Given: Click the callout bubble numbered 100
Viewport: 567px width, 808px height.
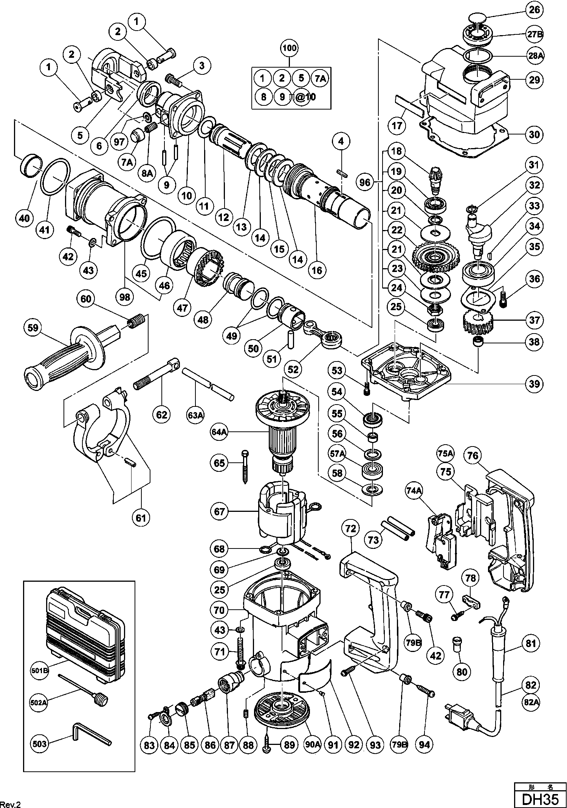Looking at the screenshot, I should coord(289,48).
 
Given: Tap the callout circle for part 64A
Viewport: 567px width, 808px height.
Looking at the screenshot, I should coord(220,432).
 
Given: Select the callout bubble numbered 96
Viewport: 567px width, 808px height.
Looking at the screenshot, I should coord(365,183).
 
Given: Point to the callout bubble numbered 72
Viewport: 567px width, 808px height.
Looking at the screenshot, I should coord(351,528).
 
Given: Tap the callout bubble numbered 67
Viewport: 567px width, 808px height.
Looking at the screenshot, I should coord(220,512).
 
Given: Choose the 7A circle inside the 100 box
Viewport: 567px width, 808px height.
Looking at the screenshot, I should coord(320,78).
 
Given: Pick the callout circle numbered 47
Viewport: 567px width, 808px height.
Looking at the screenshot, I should coord(182,307).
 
